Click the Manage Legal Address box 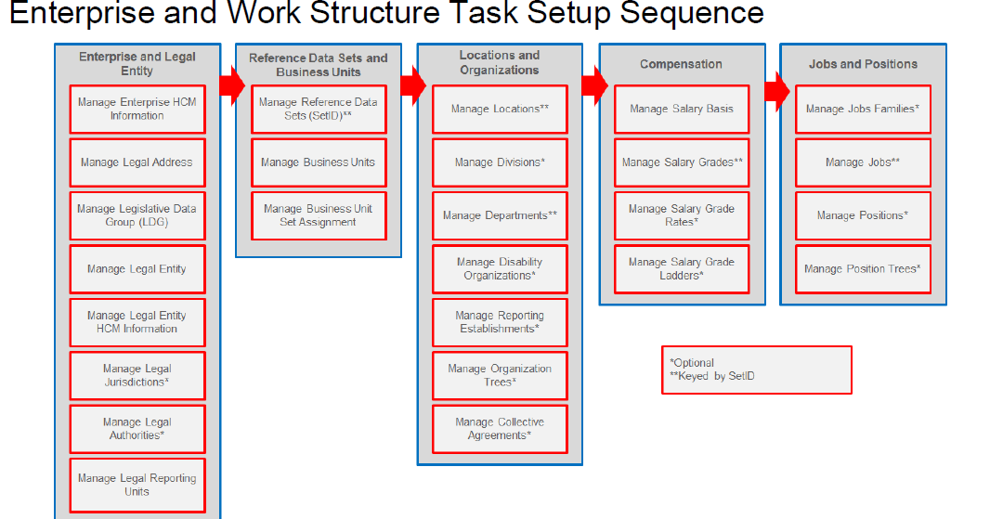click(x=137, y=162)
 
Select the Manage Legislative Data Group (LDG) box click(x=137, y=215)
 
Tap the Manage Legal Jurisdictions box click(x=137, y=375)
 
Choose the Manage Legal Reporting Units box click(x=137, y=485)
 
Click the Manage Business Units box click(x=318, y=162)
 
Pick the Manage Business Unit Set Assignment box click(x=318, y=215)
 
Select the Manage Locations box click(x=500, y=110)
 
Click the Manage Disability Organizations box click(x=500, y=269)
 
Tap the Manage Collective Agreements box click(x=500, y=429)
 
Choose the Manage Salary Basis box click(x=681, y=110)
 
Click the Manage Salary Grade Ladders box click(x=681, y=269)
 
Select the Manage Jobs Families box click(x=863, y=110)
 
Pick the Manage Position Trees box click(x=863, y=269)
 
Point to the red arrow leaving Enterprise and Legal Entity click(x=231, y=85)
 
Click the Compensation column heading click(x=681, y=64)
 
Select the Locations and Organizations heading click(x=500, y=63)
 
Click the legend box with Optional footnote click(x=756, y=370)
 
